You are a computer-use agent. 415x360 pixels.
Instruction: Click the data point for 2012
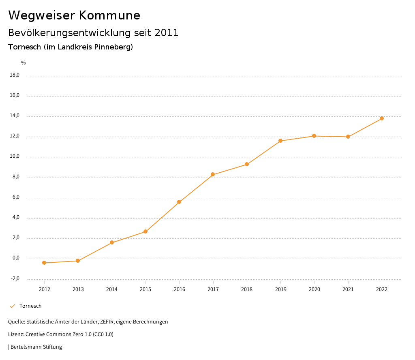44,263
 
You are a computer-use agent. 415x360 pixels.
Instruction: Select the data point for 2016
179,202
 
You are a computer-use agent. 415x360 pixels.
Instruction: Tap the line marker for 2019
280,141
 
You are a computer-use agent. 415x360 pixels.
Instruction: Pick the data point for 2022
382,118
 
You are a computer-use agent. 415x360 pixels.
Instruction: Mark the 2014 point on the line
112,242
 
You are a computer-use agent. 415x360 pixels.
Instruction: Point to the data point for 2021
348,137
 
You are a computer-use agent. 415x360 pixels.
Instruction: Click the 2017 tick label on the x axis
213,289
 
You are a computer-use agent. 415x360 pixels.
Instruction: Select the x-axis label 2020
314,289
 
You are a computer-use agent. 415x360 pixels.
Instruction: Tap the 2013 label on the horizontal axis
78,289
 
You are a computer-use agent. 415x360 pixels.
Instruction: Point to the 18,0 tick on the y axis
15,75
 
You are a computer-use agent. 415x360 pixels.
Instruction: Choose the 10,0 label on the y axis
15,156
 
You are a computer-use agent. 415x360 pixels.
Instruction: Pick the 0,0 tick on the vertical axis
16,258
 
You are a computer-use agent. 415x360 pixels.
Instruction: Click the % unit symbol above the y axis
24,62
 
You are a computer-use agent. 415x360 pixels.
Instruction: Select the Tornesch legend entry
30,306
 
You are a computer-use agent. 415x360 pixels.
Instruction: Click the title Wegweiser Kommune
74,15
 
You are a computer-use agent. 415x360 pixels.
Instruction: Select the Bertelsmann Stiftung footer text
36,347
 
